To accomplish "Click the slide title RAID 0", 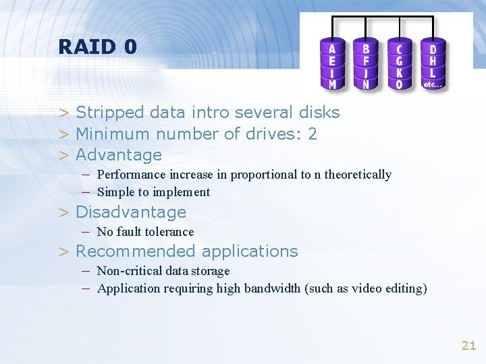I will (97, 47).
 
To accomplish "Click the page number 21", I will (468, 346).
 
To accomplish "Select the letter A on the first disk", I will (332, 49).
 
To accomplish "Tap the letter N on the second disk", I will (366, 85).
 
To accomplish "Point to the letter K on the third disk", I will (400, 73).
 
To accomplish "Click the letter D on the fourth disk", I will (433, 49).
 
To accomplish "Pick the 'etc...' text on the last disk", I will (433, 85).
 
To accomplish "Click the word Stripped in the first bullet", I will (110, 113).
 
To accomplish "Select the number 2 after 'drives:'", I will (312, 133).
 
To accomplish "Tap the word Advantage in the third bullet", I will (119, 155).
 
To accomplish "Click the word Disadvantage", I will (131, 212).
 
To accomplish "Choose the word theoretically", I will (358, 175).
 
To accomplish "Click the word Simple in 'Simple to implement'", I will (116, 192).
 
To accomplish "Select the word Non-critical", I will (129, 271).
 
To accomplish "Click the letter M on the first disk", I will (332, 85).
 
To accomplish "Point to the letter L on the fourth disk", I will (433, 73).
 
